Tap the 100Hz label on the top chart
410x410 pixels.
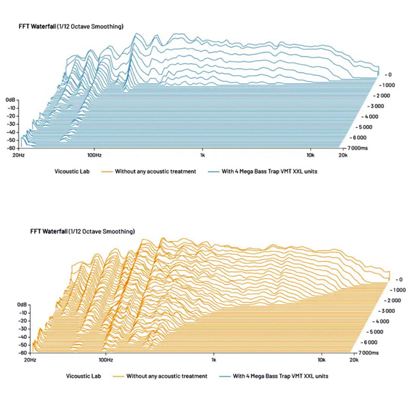coord(94,156)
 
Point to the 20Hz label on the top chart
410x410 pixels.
coord(19,156)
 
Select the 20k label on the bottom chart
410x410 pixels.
coord(354,359)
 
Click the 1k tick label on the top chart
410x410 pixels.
coord(202,156)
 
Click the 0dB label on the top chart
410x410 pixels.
coord(11,100)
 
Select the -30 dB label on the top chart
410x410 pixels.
coord(12,124)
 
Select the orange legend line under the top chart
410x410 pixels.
coord(105,171)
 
